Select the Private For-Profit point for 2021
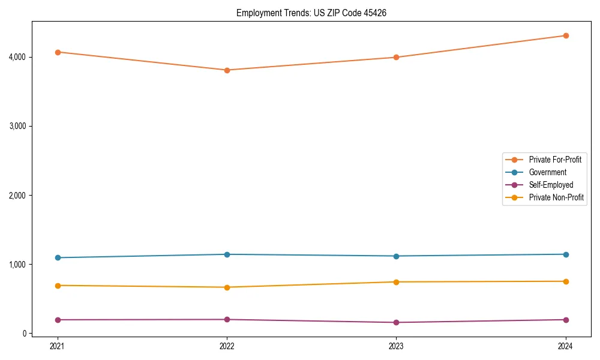point(58,52)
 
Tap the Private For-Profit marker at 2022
point(227,70)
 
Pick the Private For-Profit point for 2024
point(566,35)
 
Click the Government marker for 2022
point(227,254)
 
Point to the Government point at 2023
point(396,256)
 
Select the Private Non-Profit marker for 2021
point(58,286)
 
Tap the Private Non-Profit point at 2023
point(396,282)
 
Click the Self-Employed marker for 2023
point(396,323)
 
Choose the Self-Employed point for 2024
point(566,320)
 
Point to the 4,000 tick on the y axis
point(16,57)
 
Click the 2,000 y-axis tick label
point(16,196)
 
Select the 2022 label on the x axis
point(227,346)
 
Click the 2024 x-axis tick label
point(566,346)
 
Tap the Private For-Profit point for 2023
point(396,58)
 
